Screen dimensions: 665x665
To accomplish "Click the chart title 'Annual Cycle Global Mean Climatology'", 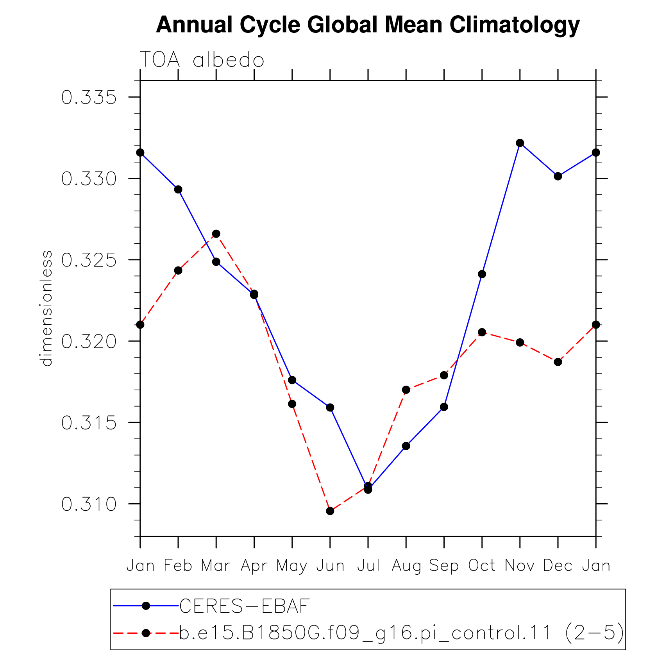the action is pyautogui.click(x=368, y=25).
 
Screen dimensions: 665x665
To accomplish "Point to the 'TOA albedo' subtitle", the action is pyautogui.click(x=202, y=60).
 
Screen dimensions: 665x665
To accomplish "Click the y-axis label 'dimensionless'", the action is pyautogui.click(x=46, y=309).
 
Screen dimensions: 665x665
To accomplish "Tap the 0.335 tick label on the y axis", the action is pyautogui.click(x=89, y=97).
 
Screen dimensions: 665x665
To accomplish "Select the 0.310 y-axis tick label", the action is pyautogui.click(x=89, y=504).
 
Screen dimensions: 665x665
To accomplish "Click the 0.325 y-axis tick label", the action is pyautogui.click(x=89, y=260).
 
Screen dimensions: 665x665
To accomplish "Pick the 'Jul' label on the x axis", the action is pyautogui.click(x=368, y=565).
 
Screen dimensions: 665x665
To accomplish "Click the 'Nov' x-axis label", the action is pyautogui.click(x=520, y=565).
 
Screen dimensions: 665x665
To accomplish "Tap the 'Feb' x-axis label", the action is pyautogui.click(x=178, y=565).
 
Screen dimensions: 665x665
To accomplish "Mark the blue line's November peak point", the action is pyautogui.click(x=520, y=143).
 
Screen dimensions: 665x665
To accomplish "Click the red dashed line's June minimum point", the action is pyautogui.click(x=330, y=511).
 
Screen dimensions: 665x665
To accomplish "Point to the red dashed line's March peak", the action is pyautogui.click(x=216, y=234).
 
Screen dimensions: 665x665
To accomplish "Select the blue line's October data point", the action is pyautogui.click(x=482, y=274).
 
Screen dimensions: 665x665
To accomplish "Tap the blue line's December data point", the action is pyautogui.click(x=558, y=176).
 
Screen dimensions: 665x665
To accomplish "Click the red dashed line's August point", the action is pyautogui.click(x=406, y=390).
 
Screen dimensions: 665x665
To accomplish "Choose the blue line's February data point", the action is pyautogui.click(x=178, y=189).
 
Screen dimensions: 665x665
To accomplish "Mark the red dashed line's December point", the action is pyautogui.click(x=558, y=362).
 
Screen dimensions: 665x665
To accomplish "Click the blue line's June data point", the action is pyautogui.click(x=330, y=408).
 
